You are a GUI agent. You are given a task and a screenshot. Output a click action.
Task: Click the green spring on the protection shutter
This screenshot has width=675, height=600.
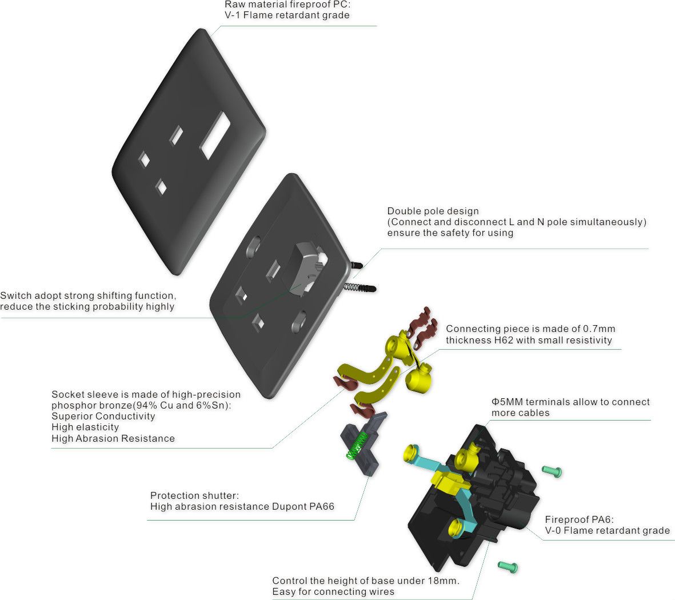[x=357, y=446]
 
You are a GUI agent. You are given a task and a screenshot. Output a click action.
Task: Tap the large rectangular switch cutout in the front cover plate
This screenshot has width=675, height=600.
[x=215, y=135]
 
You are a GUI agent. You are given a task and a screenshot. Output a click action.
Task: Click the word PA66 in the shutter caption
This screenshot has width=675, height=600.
[x=322, y=507]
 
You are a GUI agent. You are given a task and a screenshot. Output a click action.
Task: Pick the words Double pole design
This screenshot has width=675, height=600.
[x=433, y=211]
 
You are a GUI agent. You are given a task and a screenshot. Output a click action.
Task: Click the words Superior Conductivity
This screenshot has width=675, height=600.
[x=103, y=416]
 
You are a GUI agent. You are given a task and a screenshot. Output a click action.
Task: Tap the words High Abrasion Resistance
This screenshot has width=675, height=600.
[x=113, y=438]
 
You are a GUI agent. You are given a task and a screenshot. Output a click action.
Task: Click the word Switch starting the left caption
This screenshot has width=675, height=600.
[x=15, y=295]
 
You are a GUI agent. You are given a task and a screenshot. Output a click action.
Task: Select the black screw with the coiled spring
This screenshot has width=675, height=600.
[x=360, y=287]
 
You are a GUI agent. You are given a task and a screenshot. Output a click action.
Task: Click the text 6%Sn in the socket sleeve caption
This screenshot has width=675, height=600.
[x=213, y=406]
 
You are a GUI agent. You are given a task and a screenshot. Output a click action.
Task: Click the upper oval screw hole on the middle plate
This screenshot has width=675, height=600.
[x=254, y=246]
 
